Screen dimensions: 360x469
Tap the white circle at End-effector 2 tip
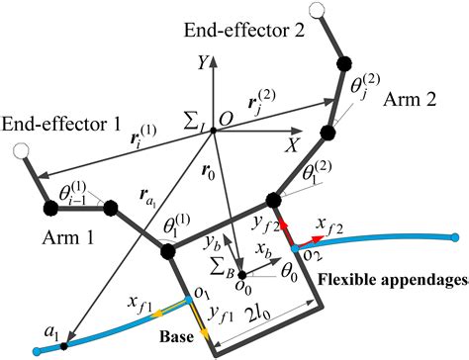click(x=319, y=11)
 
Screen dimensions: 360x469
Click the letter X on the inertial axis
click(x=293, y=144)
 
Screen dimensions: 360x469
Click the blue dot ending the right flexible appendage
click(x=455, y=237)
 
